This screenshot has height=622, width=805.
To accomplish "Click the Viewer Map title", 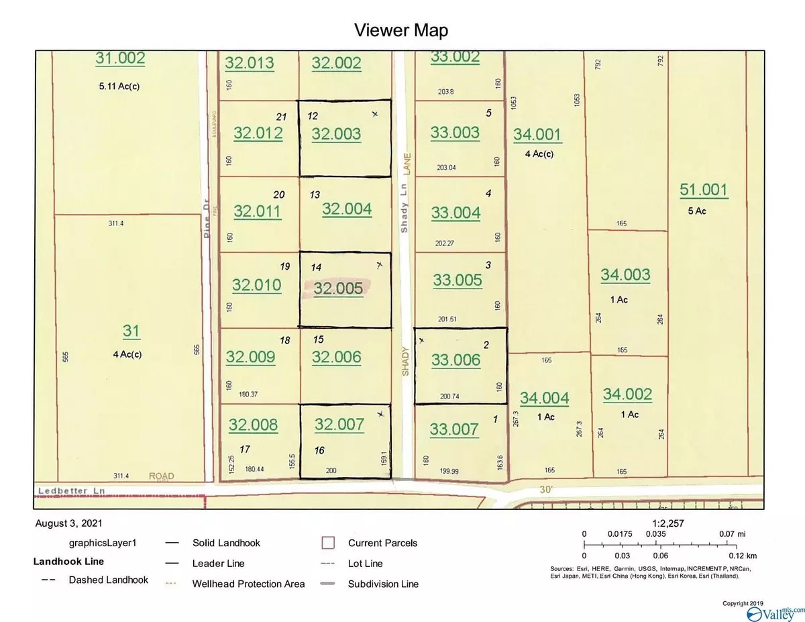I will pyautogui.click(x=402, y=30).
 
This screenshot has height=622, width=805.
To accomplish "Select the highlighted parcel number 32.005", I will pyautogui.click(x=338, y=289).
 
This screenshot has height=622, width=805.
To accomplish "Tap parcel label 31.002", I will pyautogui.click(x=120, y=59).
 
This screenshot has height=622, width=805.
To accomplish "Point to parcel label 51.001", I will pyautogui.click(x=703, y=190).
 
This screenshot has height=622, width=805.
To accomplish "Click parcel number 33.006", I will pyautogui.click(x=456, y=360).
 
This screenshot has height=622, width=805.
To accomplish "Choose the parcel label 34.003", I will pyautogui.click(x=625, y=274).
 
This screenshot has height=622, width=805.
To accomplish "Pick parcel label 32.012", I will pyautogui.click(x=258, y=134).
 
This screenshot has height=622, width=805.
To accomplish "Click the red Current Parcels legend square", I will pyautogui.click(x=329, y=542).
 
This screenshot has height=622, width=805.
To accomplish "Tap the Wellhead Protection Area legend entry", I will pyautogui.click(x=248, y=584).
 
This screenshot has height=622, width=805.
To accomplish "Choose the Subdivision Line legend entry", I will pyautogui.click(x=383, y=584).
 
